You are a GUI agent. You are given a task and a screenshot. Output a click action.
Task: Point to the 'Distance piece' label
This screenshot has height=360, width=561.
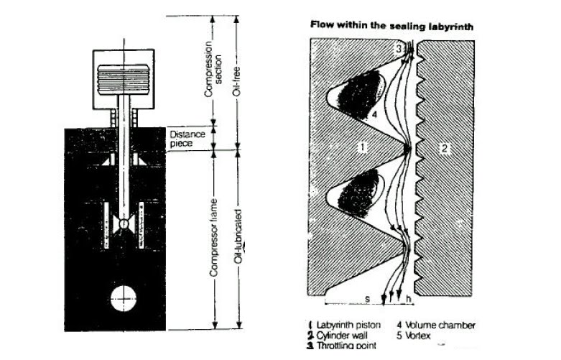tap(187, 139)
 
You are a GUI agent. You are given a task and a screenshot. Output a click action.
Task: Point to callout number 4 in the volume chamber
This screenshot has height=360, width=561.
tap(374, 114)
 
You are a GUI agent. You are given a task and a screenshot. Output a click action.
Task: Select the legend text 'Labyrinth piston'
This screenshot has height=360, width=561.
tap(353, 325)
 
